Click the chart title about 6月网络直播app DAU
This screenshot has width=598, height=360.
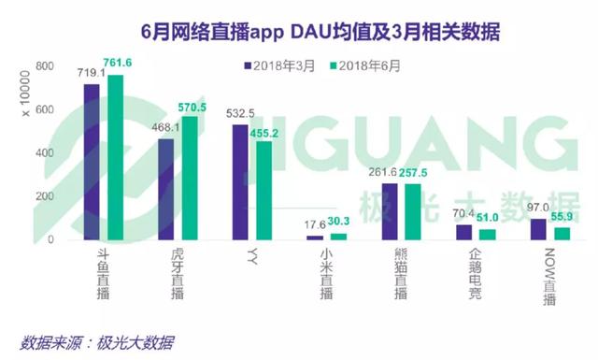pos(299,32)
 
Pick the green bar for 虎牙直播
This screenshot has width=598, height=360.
pos(190,178)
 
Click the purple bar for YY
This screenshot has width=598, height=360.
pos(240,182)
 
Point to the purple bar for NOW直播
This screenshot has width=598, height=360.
pos(537,229)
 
